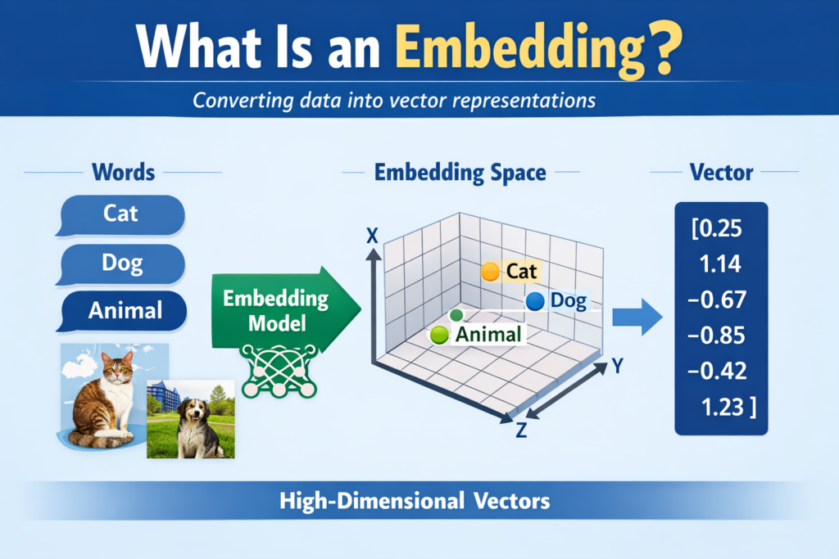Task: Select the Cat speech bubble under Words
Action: pyautogui.click(x=121, y=214)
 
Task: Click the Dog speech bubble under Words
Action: pyautogui.click(x=121, y=263)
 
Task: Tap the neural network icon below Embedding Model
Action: pyautogui.click(x=279, y=370)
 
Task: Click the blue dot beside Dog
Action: pyautogui.click(x=535, y=301)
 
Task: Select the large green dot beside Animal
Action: pyautogui.click(x=439, y=334)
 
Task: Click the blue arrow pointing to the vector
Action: pyautogui.click(x=638, y=316)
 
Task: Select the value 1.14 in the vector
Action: pyautogui.click(x=721, y=264)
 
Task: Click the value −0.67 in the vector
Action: pyautogui.click(x=719, y=300)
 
